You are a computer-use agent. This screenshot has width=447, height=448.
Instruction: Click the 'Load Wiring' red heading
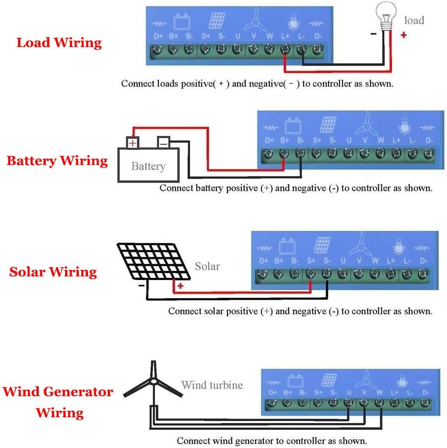click(x=59, y=43)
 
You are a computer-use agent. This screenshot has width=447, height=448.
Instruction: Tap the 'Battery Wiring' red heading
click(x=57, y=160)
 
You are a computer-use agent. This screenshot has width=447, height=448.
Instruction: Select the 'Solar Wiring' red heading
click(x=53, y=272)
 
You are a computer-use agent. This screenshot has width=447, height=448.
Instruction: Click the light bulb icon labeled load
click(x=386, y=18)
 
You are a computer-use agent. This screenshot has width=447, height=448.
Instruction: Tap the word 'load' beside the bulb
click(x=414, y=20)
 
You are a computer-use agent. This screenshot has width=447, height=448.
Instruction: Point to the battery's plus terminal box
click(x=132, y=142)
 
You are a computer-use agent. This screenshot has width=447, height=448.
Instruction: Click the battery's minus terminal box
click(x=163, y=142)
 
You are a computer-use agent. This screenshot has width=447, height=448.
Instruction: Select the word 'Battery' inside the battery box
click(x=148, y=166)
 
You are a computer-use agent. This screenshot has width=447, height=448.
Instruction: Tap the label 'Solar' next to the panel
click(x=207, y=266)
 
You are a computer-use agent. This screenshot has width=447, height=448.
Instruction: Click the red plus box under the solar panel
click(x=180, y=286)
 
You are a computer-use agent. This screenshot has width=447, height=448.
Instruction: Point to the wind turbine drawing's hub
click(x=153, y=382)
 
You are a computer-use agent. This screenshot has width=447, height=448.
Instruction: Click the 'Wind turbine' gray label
click(x=212, y=385)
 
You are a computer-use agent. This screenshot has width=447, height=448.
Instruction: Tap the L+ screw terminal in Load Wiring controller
click(x=285, y=50)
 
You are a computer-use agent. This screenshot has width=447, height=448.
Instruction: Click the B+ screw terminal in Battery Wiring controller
click(x=284, y=153)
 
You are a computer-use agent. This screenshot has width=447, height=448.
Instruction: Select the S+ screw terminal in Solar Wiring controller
click(x=311, y=274)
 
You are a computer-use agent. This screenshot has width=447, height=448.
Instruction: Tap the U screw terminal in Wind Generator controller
click(x=348, y=402)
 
